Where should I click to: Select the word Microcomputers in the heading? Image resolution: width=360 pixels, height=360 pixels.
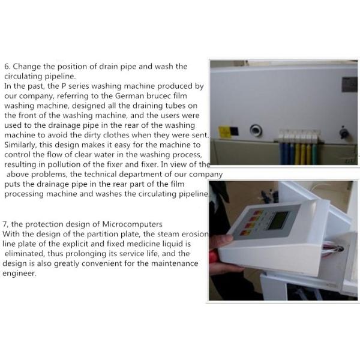click(132, 224)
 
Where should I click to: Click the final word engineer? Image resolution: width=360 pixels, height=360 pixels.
click(19, 274)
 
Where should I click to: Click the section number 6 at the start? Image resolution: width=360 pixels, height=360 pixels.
click(7, 67)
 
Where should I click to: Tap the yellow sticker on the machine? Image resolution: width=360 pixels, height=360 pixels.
click(224, 131)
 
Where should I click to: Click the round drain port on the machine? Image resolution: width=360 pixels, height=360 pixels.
click(256, 130)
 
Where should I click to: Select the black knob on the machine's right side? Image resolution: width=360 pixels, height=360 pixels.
click(343, 132)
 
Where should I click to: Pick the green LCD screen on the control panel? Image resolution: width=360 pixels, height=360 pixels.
click(278, 220)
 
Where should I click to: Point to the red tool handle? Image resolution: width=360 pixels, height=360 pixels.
click(213, 256)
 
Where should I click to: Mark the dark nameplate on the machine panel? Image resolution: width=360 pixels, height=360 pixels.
click(349, 85)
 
